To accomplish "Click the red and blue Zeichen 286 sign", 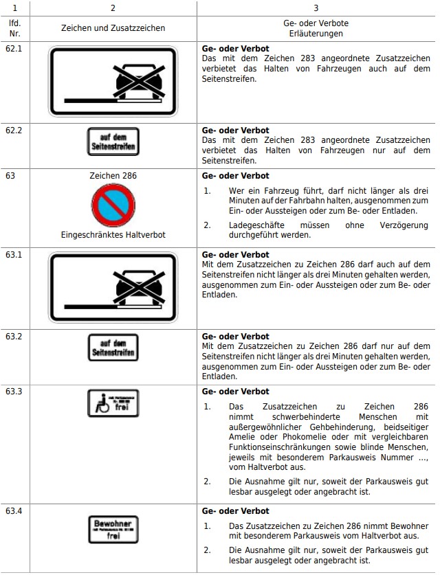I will (x=113, y=205).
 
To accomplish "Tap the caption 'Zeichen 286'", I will (x=113, y=176).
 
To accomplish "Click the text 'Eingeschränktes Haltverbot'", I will (x=113, y=235).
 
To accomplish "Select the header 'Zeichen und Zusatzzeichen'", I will (x=113, y=28).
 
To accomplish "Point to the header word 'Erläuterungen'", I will (x=316, y=33).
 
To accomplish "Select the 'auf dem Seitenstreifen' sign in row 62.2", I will (x=113, y=142).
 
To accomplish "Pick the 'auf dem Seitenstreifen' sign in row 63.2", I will (x=113, y=347).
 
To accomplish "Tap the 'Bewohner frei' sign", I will (x=113, y=529).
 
